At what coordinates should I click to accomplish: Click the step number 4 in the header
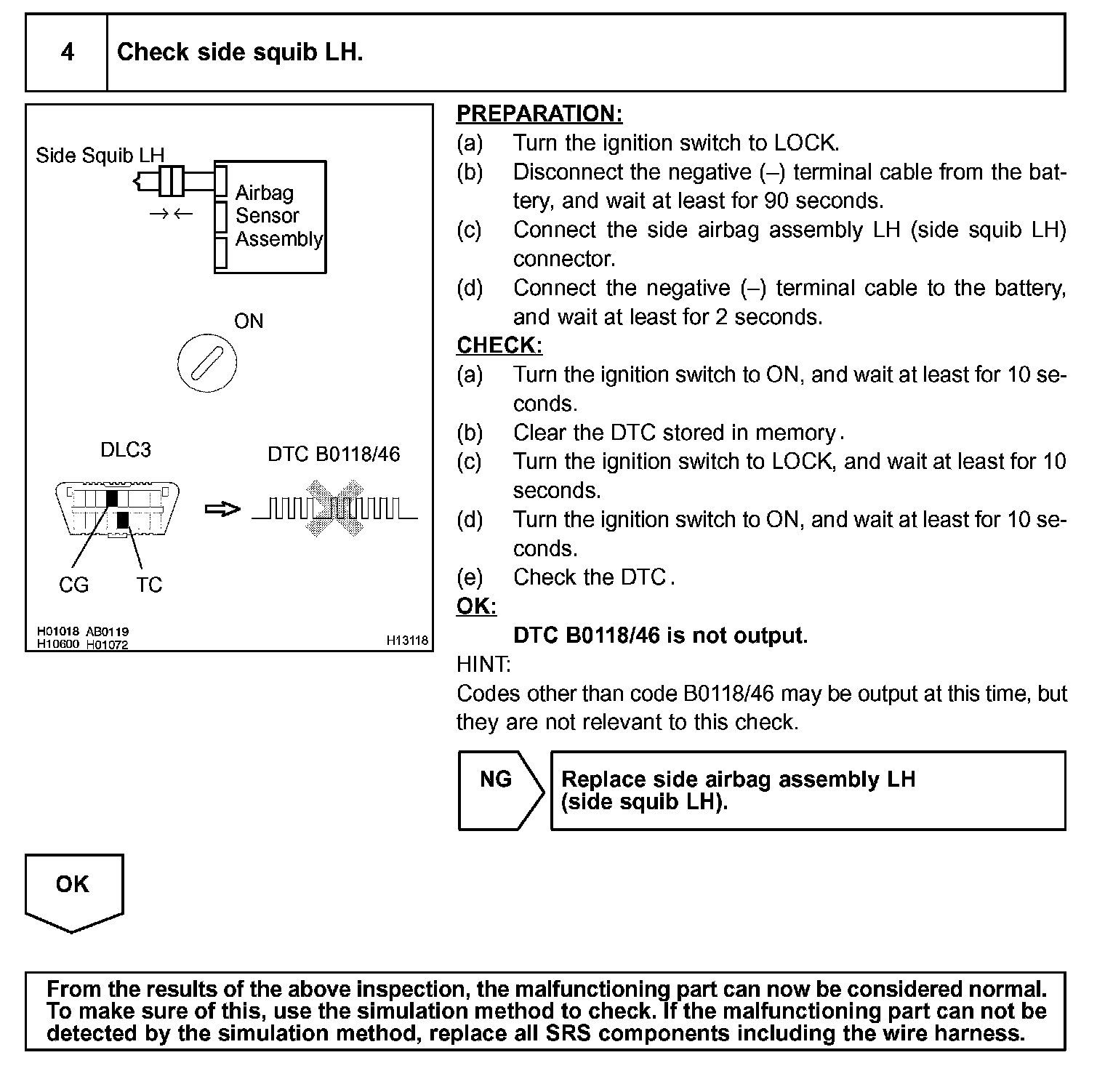[67, 52]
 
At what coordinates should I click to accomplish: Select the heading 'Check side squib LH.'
[240, 52]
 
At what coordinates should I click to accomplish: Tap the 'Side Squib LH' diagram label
[100, 155]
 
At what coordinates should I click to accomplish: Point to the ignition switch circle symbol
[207, 363]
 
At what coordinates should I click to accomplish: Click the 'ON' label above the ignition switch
[249, 321]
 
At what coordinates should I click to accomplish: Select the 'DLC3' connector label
[126, 450]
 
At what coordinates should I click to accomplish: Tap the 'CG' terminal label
[73, 585]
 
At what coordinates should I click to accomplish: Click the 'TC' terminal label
[149, 585]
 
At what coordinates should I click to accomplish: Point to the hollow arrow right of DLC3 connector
[222, 510]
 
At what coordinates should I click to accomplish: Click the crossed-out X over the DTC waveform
[334, 508]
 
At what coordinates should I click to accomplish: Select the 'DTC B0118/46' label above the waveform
[334, 454]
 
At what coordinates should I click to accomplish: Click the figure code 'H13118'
[407, 641]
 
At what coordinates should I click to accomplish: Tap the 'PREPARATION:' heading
[539, 114]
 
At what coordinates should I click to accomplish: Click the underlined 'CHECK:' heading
[499, 345]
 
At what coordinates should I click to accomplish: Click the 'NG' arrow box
[497, 790]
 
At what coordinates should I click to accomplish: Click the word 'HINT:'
[483, 665]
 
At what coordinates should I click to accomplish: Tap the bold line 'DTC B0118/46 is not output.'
[660, 635]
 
